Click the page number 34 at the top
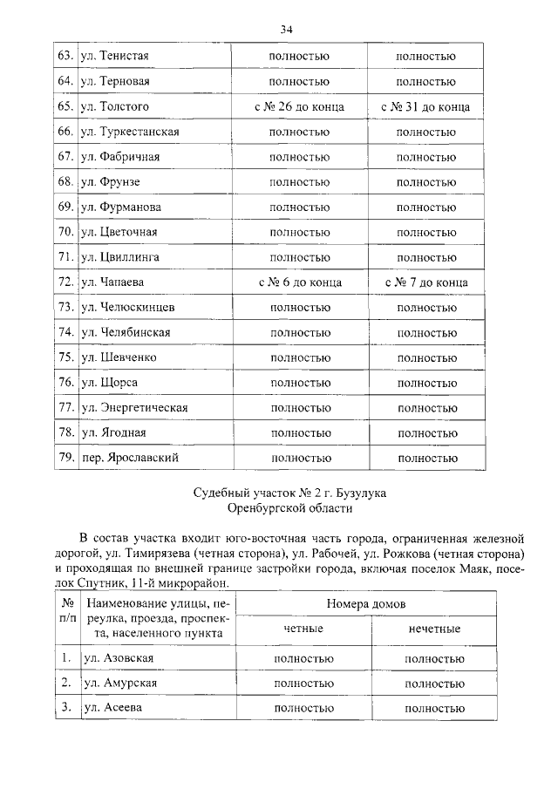pyautogui.click(x=285, y=30)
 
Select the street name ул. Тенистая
pyautogui.click(x=114, y=57)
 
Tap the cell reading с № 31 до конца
pyautogui.click(x=425, y=107)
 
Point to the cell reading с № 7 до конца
pyautogui.click(x=425, y=282)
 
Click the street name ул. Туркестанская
pyautogui.click(x=130, y=132)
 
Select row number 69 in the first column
pyautogui.click(x=64, y=207)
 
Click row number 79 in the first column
pyautogui.click(x=64, y=457)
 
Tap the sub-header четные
pyautogui.click(x=303, y=629)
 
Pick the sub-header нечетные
pyautogui.click(x=433, y=629)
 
